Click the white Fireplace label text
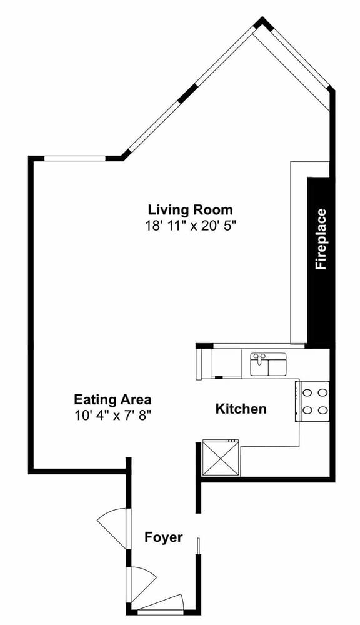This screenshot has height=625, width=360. pos(321,239)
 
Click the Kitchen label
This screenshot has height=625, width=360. pos(241,409)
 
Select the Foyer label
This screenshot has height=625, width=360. pos(164,537)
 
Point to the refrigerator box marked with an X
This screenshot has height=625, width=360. pos(221,457)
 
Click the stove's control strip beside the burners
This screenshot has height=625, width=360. pos(297,401)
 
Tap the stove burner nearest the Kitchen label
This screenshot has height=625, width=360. pos(307,410)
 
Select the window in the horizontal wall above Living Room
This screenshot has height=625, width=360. pos(74,158)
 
